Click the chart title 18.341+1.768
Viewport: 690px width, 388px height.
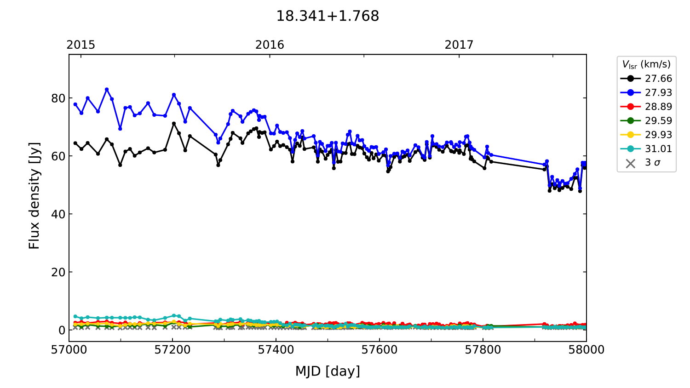pyautogui.click(x=328, y=16)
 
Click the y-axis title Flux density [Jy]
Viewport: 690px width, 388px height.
pyautogui.click(x=34, y=196)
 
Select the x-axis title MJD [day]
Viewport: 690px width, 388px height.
pyautogui.click(x=328, y=371)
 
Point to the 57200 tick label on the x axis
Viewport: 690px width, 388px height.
pyautogui.click(x=172, y=350)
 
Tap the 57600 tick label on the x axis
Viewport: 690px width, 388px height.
pyautogui.click(x=379, y=350)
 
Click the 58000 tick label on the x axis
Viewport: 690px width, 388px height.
pyautogui.click(x=586, y=350)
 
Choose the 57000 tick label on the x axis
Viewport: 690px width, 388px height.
pyautogui.click(x=69, y=350)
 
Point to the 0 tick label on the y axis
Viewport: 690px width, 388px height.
pyautogui.click(x=62, y=330)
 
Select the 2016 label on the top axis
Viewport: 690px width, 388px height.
pyautogui.click(x=270, y=45)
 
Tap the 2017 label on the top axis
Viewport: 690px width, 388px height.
pyautogui.click(x=459, y=45)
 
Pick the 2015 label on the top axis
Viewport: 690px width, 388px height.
pyautogui.click(x=81, y=45)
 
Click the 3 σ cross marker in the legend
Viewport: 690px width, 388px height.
pyautogui.click(x=631, y=163)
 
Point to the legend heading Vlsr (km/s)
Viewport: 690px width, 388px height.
pyautogui.click(x=646, y=64)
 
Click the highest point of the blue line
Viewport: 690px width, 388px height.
pyautogui.click(x=107, y=90)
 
